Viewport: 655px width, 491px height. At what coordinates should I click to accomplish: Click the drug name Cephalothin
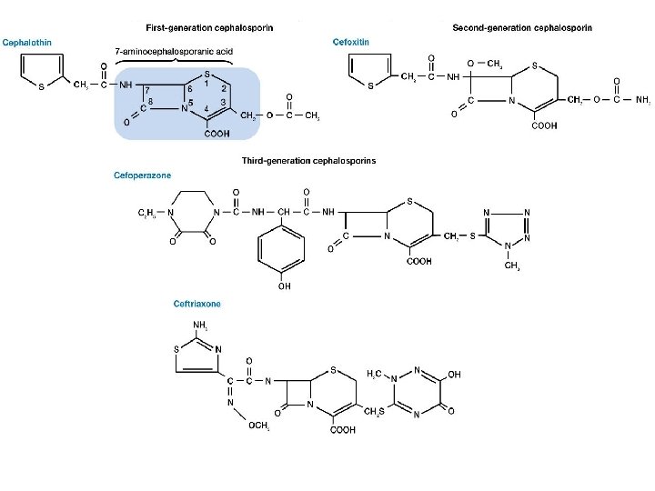[x=26, y=43]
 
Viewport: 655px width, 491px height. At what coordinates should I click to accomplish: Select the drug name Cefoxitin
[x=350, y=42]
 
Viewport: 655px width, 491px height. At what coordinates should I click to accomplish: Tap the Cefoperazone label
[x=142, y=174]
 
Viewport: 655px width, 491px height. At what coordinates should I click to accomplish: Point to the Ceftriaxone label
[x=197, y=304]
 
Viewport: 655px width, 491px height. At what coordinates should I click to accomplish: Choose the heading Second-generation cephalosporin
[x=522, y=28]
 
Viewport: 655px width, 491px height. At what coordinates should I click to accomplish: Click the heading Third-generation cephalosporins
[x=308, y=161]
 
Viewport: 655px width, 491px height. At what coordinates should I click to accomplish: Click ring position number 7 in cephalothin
[x=147, y=89]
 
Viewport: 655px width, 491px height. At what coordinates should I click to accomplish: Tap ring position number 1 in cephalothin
[x=207, y=84]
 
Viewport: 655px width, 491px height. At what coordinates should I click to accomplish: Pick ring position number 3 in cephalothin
[x=223, y=101]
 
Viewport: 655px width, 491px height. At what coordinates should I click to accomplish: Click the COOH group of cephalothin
[x=217, y=135]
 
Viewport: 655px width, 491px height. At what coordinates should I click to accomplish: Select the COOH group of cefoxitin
[x=543, y=126]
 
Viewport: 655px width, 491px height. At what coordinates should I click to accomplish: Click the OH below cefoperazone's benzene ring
[x=284, y=286]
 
